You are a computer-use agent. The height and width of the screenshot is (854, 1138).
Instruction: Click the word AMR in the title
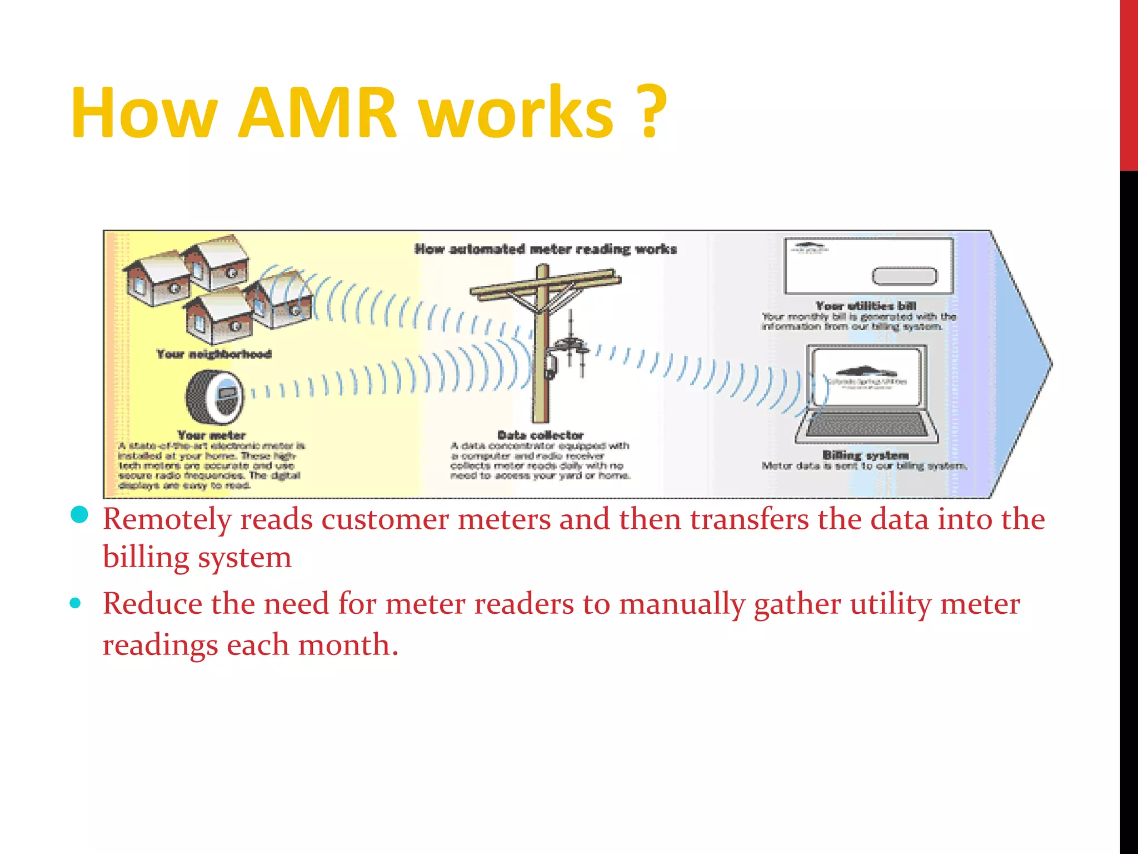coord(317,113)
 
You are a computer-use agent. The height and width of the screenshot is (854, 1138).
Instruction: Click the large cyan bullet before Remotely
coord(80,515)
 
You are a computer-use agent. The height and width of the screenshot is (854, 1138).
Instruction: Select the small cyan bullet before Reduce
coord(76,603)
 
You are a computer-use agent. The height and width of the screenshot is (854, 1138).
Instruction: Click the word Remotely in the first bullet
coord(167,520)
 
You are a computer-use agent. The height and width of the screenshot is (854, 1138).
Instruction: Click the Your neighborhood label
coord(214,354)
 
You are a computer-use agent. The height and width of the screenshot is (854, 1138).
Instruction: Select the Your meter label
coord(211,435)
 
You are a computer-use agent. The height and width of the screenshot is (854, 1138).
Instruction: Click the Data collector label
coord(540,435)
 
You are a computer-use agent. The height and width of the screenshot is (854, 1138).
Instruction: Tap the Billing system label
coord(865,455)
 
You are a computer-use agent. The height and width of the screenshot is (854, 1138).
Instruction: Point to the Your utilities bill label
coord(866,306)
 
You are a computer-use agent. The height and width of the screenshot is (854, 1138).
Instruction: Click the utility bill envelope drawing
coord(868,266)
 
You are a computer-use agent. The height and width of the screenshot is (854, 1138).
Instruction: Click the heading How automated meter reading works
coord(546,249)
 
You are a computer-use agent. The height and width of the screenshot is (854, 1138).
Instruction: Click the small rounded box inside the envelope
coord(904,276)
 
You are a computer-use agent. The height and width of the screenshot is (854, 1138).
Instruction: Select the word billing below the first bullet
coord(146,558)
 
